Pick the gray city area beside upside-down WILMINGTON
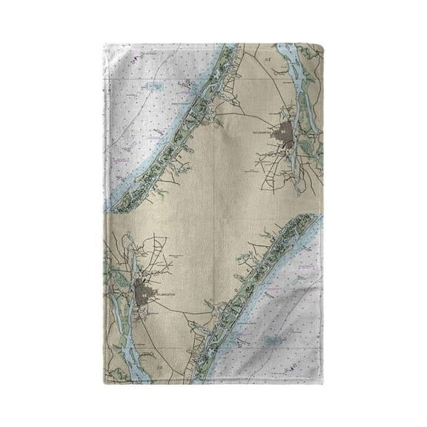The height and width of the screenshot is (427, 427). tap(285, 135)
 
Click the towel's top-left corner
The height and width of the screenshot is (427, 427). tap(102, 44)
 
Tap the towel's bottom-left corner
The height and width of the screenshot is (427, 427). tap(102, 386)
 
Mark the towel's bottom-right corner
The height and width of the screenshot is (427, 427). tap(327, 385)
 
